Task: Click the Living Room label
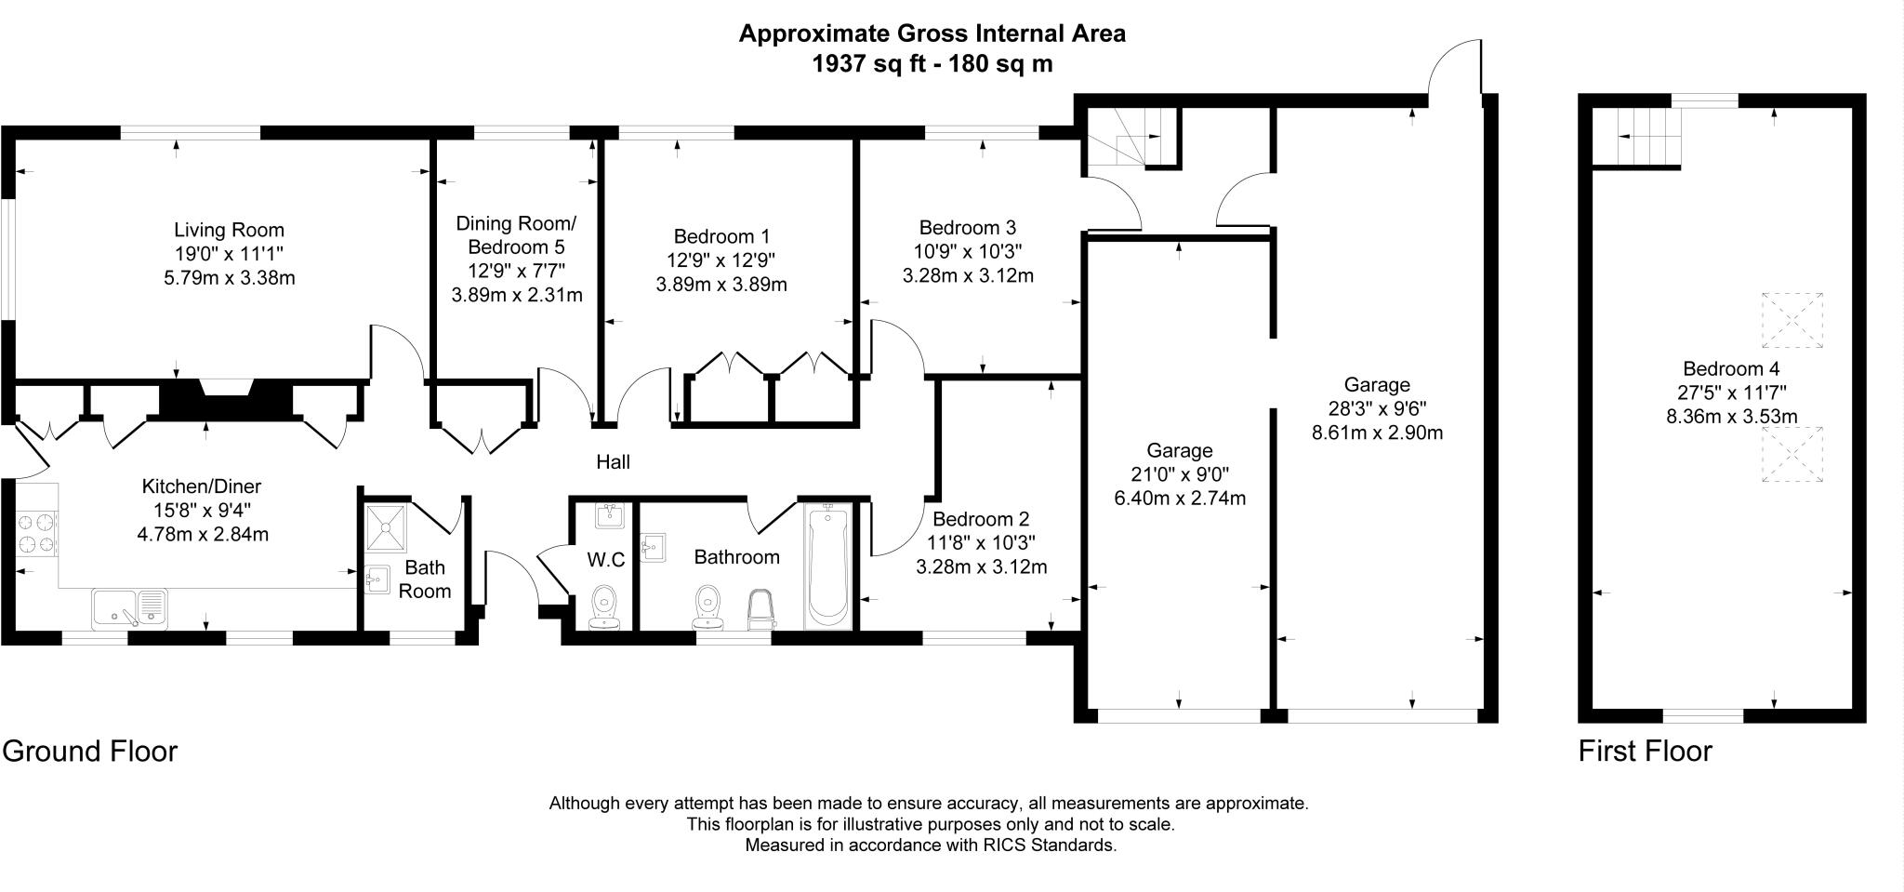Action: [x=229, y=230]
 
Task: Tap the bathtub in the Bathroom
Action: [x=827, y=566]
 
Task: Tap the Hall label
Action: [x=613, y=461]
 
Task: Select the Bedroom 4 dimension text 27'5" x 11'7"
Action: [x=1730, y=393]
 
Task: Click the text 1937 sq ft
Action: [x=869, y=63]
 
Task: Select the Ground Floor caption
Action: [x=89, y=751]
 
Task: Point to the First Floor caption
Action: [x=1645, y=751]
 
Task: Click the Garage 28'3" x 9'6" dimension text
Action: [x=1377, y=408]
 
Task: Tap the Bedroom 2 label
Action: [x=982, y=519]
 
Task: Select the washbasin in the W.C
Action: [x=611, y=514]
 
